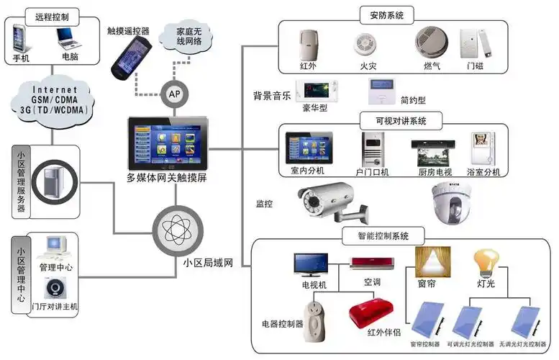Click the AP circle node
[x=173, y=94]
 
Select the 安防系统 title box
[x=391, y=14]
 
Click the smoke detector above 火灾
[x=365, y=45]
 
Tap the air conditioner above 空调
[x=371, y=263]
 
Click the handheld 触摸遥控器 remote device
[x=129, y=55]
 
